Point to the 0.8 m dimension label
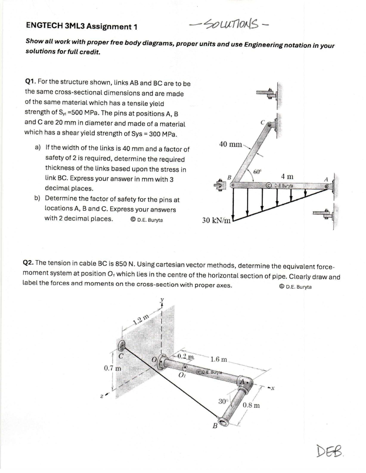click(251, 405)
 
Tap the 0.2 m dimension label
click(185, 356)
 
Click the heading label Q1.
click(30, 82)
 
